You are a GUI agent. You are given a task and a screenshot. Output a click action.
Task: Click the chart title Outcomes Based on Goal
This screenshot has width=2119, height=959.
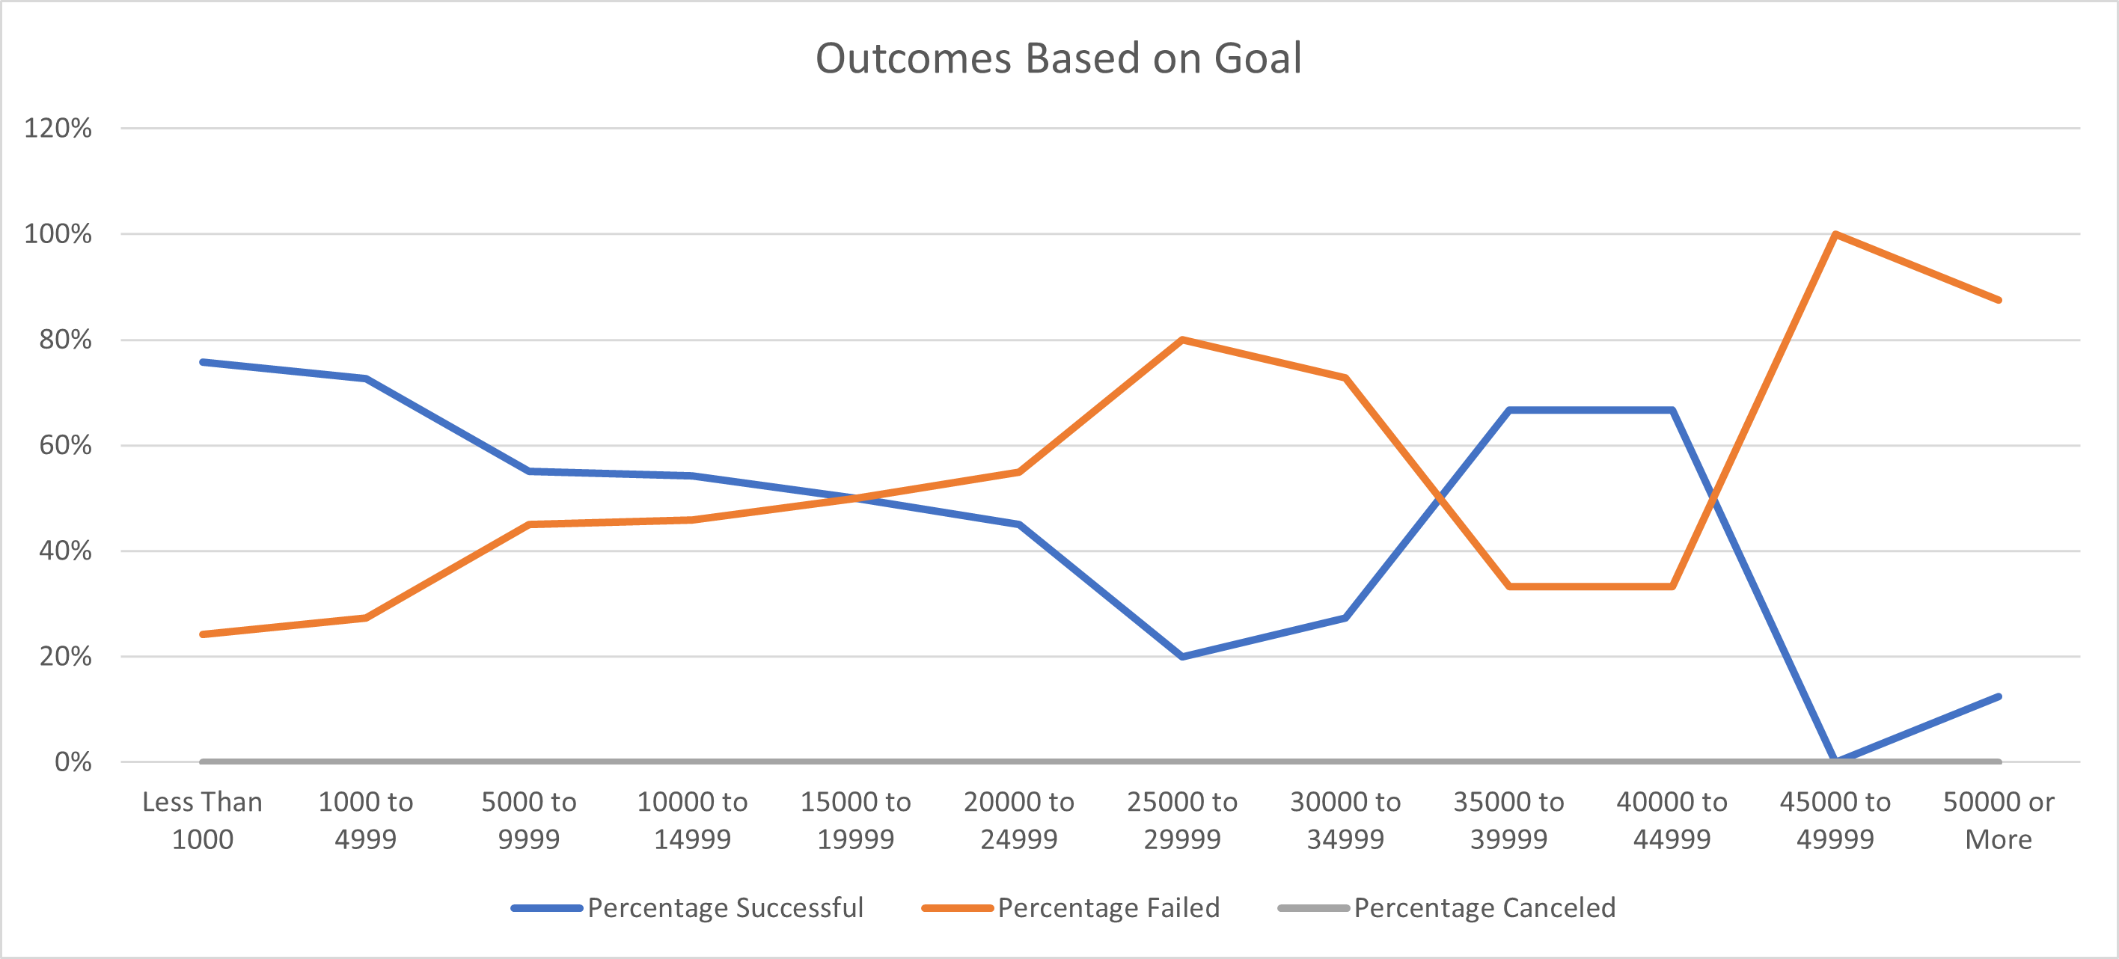1058,58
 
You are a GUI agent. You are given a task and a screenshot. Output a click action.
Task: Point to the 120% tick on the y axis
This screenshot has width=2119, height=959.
58,129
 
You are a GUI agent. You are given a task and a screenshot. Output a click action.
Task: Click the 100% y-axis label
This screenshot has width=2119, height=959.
58,233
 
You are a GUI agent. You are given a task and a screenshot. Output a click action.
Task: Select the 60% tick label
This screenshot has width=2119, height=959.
65,445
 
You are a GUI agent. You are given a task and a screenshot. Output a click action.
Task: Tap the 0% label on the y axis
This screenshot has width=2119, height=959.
73,762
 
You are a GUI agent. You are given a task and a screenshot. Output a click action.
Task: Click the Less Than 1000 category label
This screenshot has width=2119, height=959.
202,820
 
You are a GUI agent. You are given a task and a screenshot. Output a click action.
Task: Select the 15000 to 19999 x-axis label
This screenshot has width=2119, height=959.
855,820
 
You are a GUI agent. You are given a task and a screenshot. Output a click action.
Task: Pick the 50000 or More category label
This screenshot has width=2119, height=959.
1998,820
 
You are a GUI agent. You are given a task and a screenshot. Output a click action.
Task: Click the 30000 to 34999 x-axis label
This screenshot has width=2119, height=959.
1345,820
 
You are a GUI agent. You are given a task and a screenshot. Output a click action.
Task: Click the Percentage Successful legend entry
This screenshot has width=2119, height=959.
688,907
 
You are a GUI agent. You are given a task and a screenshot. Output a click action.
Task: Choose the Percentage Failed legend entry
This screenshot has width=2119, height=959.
1071,907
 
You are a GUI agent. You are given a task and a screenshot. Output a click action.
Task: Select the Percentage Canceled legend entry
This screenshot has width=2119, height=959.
1447,907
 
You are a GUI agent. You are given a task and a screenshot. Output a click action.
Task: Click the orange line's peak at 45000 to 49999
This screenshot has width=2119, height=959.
1835,234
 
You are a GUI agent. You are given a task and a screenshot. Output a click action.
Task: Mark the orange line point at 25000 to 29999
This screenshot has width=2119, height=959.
1182,340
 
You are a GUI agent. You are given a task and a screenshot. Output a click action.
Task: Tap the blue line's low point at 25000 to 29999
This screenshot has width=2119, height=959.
1182,656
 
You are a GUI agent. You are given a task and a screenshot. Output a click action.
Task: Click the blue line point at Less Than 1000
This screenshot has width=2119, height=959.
202,362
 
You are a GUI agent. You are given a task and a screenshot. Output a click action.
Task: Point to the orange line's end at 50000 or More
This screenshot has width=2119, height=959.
1998,300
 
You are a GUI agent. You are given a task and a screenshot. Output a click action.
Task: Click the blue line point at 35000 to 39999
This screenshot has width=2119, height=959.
1508,410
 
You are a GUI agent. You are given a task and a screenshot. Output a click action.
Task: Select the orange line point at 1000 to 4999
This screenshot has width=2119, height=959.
366,618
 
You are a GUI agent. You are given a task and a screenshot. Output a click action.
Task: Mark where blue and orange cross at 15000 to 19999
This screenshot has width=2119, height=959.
855,497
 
